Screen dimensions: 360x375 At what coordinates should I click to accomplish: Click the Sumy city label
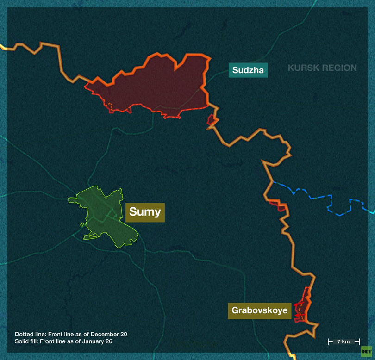(145, 212)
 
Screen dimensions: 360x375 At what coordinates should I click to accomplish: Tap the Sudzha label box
(248, 70)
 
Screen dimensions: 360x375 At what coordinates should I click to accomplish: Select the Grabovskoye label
(260, 310)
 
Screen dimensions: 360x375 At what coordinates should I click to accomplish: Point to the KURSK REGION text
(322, 68)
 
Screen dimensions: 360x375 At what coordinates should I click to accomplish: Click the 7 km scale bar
(344, 341)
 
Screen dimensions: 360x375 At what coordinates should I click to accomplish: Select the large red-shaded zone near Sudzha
(153, 86)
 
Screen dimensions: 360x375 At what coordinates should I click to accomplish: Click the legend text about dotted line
(71, 334)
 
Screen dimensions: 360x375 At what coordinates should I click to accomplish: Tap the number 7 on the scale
(338, 341)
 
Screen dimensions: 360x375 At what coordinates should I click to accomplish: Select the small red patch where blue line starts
(279, 205)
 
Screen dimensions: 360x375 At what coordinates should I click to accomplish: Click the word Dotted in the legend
(24, 334)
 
